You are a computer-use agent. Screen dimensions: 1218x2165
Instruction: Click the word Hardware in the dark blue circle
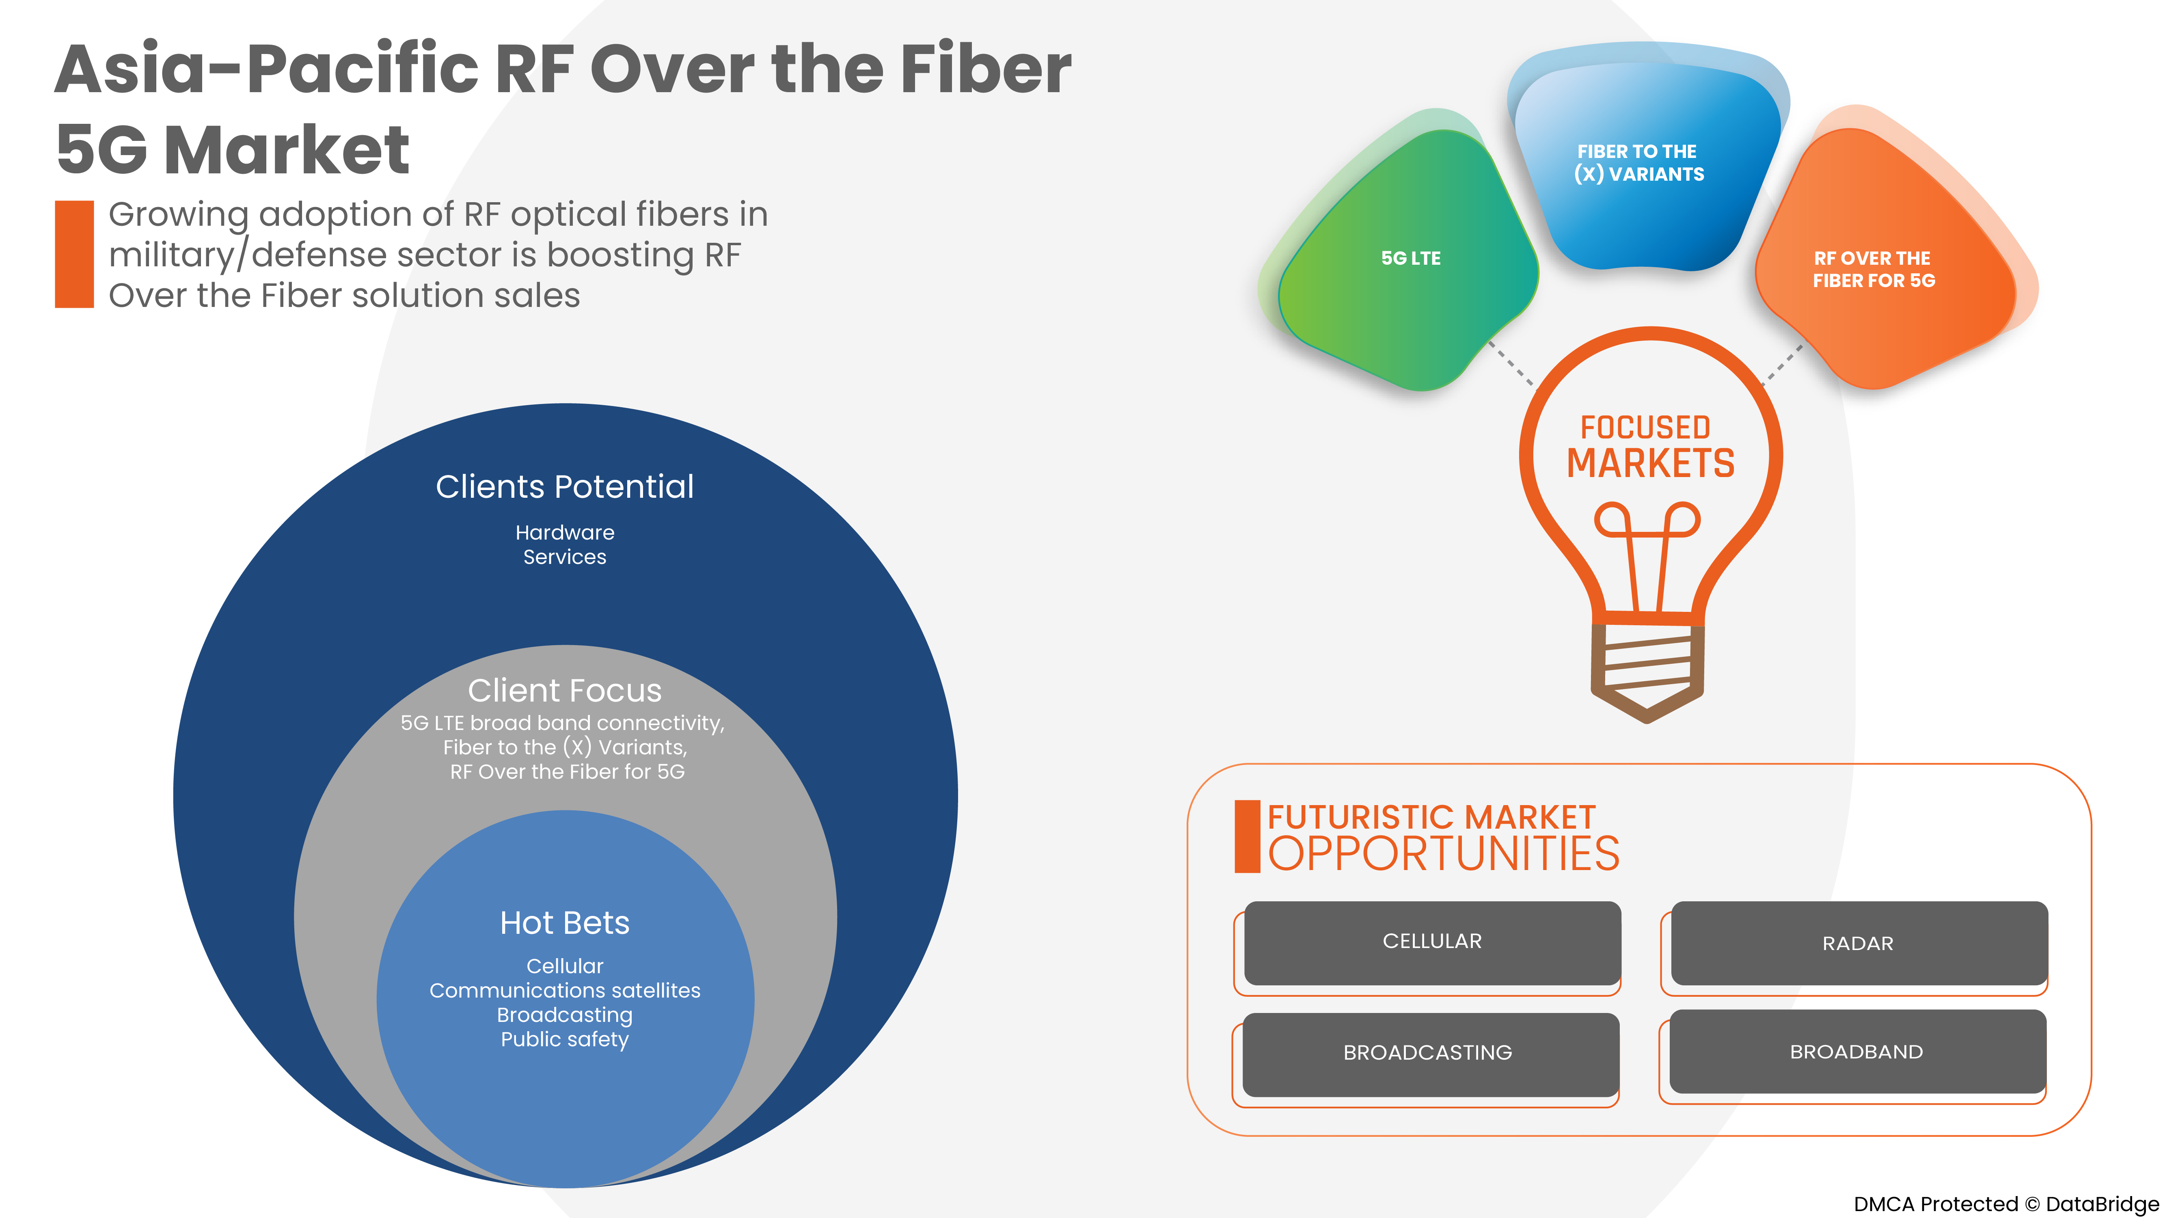tap(565, 533)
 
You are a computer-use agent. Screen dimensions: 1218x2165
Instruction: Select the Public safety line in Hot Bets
tap(565, 1040)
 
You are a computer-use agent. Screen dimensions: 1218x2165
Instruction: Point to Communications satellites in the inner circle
tap(565, 991)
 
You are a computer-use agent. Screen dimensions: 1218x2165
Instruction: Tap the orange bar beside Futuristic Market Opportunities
tap(1246, 836)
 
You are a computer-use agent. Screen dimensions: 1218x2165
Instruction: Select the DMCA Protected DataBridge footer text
tap(2005, 1204)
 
